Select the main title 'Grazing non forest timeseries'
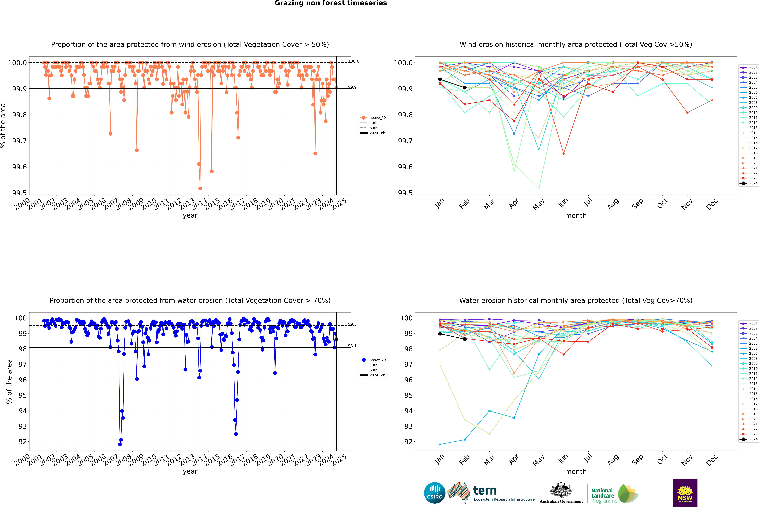pos(331,3)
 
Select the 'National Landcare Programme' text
pos(602,495)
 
